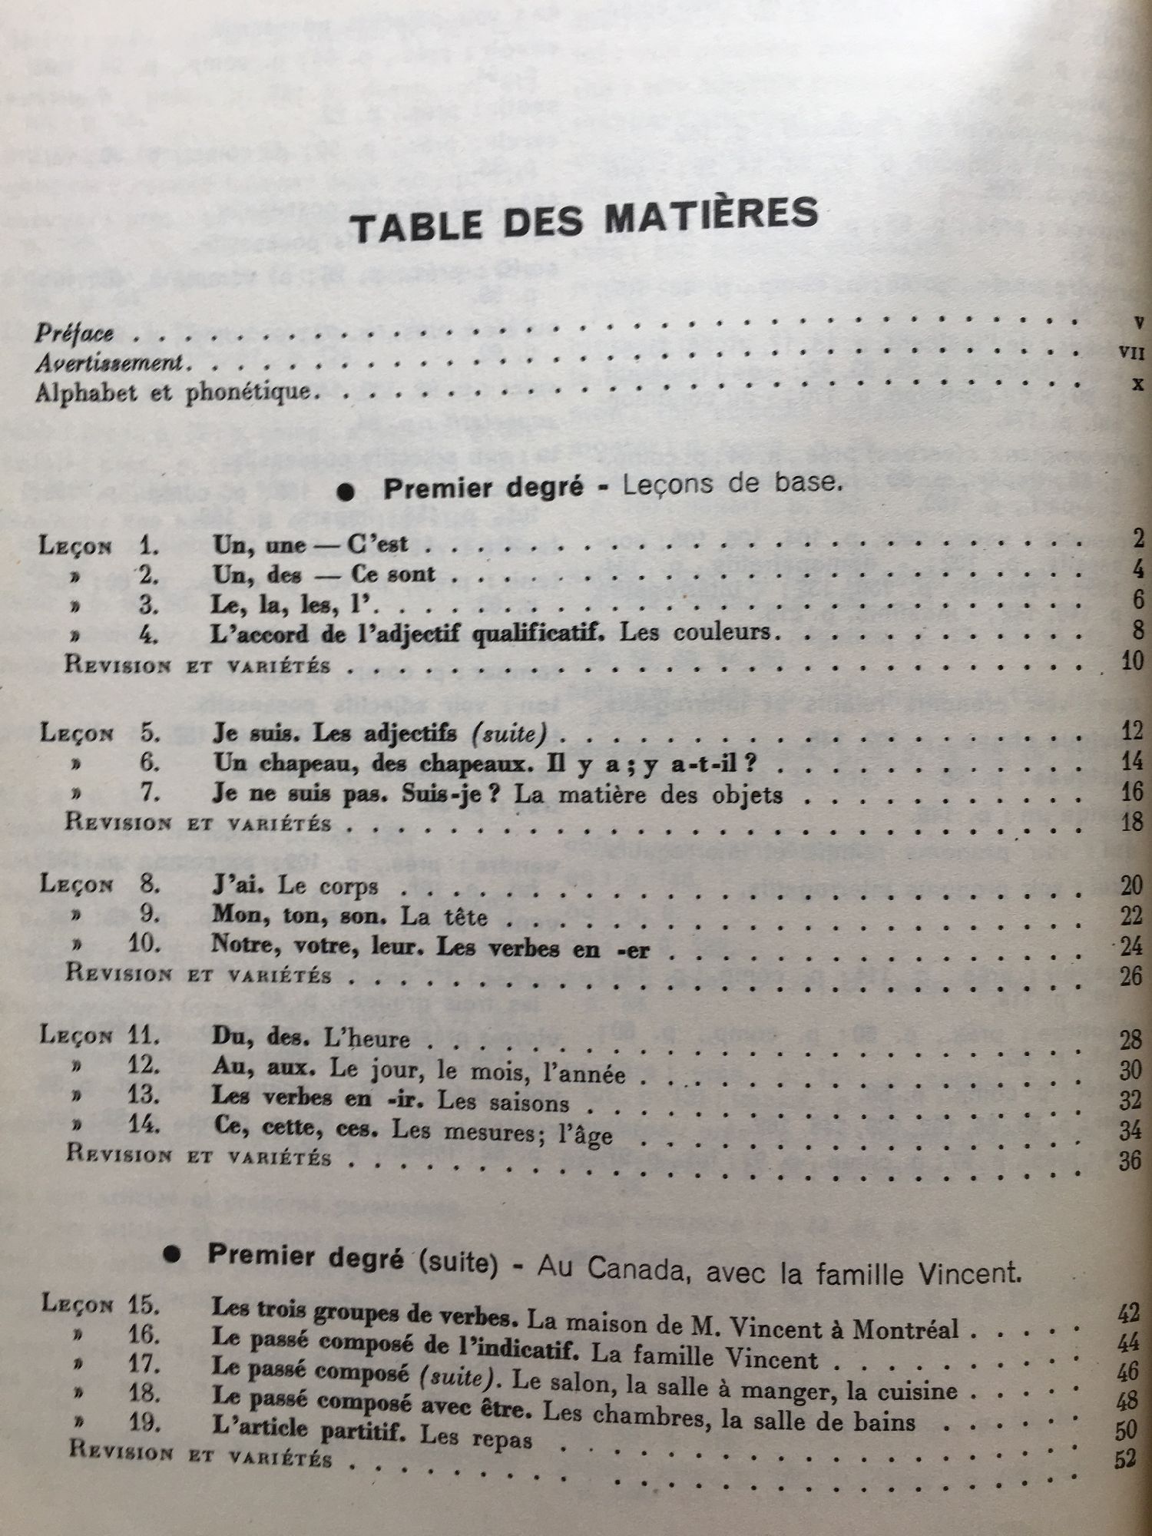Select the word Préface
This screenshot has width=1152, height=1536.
pyautogui.click(x=74, y=333)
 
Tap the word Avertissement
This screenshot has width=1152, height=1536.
pyautogui.click(x=108, y=362)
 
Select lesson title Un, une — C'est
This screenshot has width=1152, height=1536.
pyautogui.click(x=310, y=545)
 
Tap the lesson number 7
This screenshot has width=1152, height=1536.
pyautogui.click(x=150, y=793)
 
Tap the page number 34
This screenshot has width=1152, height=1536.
pyautogui.click(x=1130, y=1130)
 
